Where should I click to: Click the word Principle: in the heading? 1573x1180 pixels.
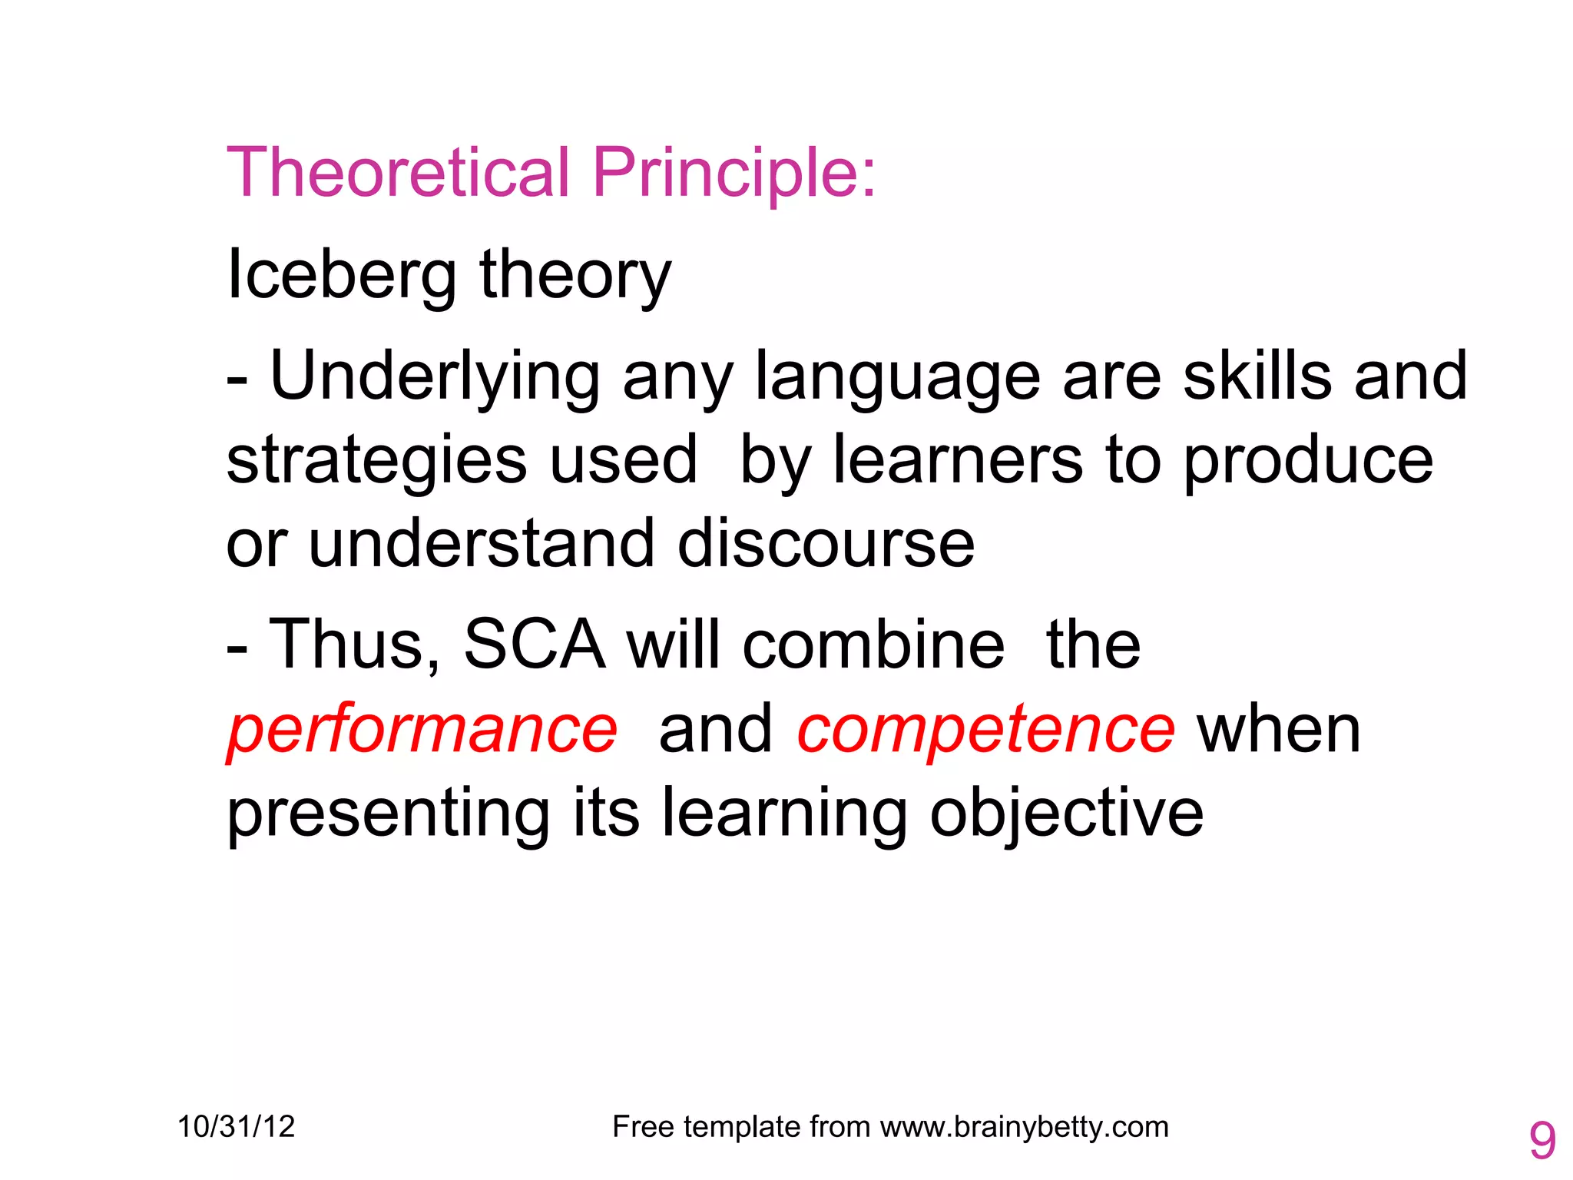click(x=734, y=174)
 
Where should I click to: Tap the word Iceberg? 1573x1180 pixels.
click(x=342, y=275)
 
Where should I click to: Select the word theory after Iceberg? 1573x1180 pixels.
click(x=575, y=277)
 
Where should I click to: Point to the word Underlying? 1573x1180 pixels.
click(x=435, y=376)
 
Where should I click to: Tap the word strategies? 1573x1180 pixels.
click(x=376, y=461)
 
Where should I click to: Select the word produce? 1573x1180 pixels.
click(x=1308, y=461)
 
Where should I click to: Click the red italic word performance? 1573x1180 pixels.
click(x=422, y=730)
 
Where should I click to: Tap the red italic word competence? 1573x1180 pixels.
click(x=986, y=730)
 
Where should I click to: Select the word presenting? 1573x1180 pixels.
click(x=389, y=814)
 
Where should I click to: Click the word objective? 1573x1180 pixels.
click(x=1066, y=814)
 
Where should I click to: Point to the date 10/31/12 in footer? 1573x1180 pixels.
click(x=236, y=1127)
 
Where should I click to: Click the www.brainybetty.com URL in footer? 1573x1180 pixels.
click(x=1024, y=1127)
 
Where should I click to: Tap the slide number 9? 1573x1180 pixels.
click(x=1542, y=1141)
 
